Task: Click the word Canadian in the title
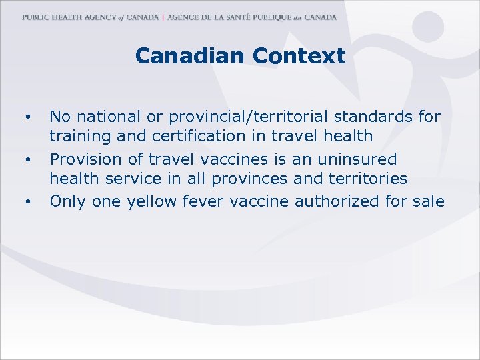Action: click(190, 56)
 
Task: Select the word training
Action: click(77, 136)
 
